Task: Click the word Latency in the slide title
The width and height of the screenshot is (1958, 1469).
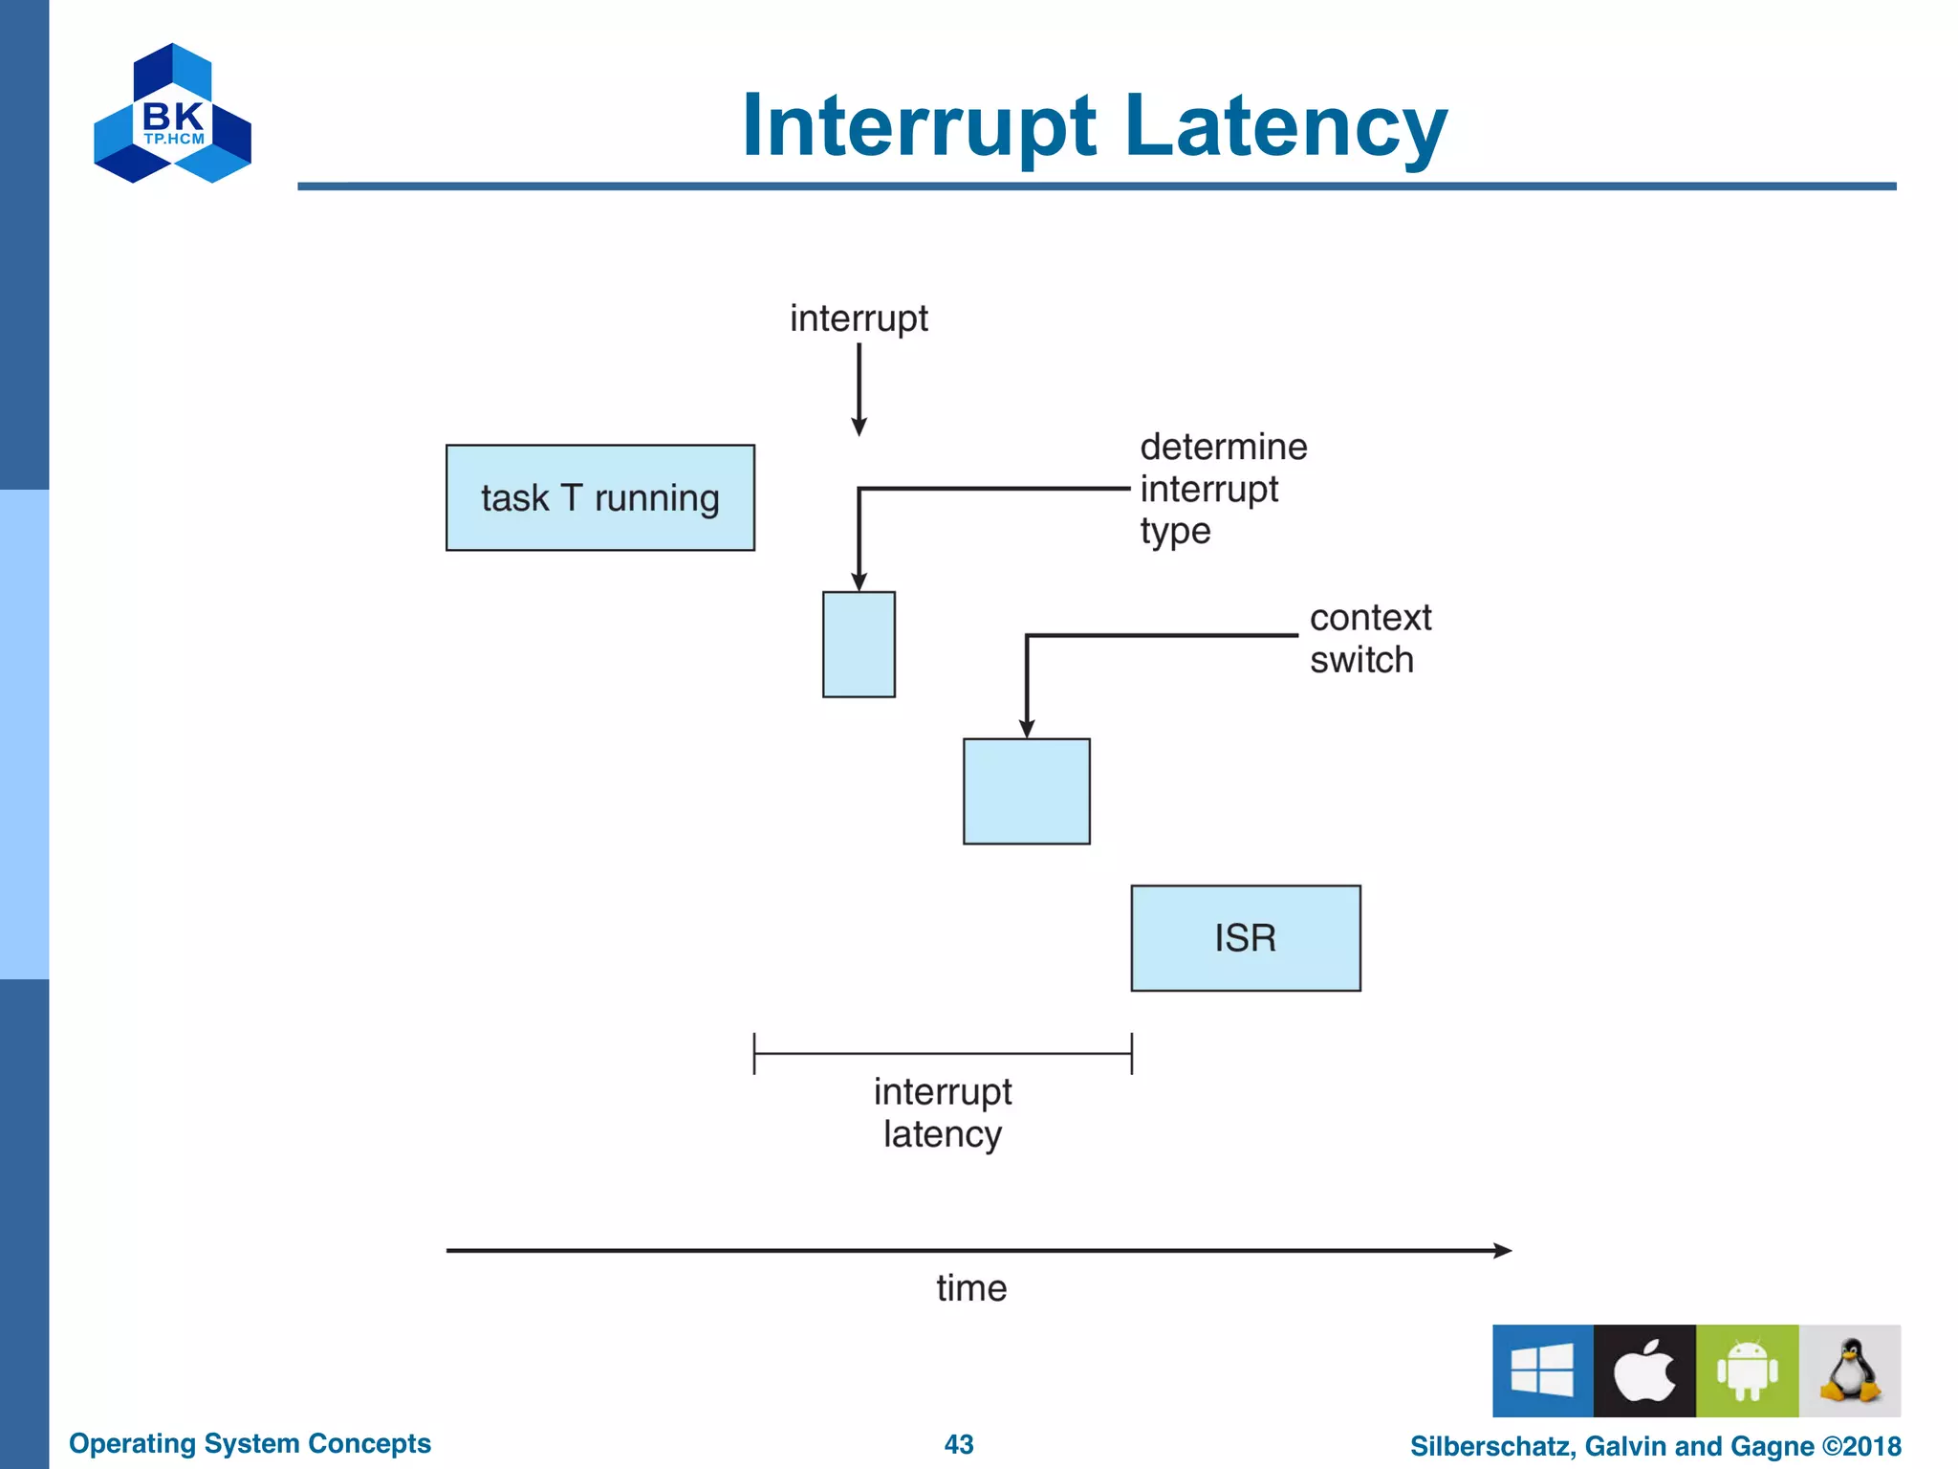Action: tap(1285, 126)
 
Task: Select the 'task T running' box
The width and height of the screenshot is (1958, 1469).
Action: tap(599, 497)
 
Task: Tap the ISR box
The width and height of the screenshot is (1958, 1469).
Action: tap(1245, 937)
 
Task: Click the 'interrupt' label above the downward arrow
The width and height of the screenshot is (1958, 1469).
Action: tap(858, 318)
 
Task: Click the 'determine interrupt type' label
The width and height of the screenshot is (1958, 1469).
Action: tap(1222, 489)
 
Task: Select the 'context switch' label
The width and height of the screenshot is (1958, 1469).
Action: tap(1369, 638)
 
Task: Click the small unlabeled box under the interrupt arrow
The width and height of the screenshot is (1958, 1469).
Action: tap(859, 645)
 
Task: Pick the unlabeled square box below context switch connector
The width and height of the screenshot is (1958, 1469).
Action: tap(1026, 791)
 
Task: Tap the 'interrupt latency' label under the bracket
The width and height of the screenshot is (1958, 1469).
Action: tap(942, 1112)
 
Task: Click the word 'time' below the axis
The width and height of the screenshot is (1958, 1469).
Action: tap(970, 1288)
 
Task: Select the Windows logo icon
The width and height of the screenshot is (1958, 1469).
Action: tap(1542, 1370)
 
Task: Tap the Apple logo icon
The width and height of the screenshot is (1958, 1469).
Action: tap(1644, 1370)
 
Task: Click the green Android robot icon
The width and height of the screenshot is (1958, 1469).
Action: tap(1747, 1370)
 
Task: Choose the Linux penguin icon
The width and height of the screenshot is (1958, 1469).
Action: tap(1849, 1370)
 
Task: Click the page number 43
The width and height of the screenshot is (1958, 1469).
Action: tap(958, 1444)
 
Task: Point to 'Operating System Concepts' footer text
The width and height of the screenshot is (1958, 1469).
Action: tap(250, 1443)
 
